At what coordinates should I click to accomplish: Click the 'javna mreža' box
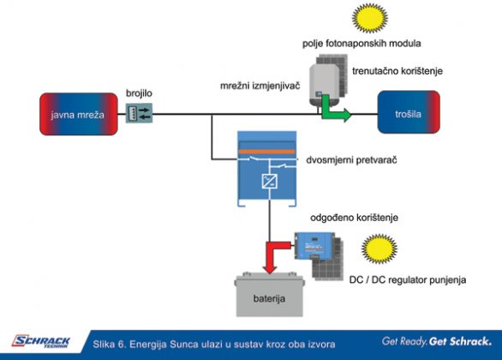click(x=79, y=114)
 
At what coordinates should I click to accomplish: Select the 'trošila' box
click(x=409, y=112)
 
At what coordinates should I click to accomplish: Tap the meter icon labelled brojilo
click(x=139, y=113)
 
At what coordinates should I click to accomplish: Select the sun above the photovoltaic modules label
click(x=370, y=18)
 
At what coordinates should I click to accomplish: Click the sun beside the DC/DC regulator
click(x=379, y=249)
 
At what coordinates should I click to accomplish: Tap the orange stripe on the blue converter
click(x=266, y=152)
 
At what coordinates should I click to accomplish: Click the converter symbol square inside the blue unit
click(x=270, y=181)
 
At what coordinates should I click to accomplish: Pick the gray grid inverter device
click(x=324, y=84)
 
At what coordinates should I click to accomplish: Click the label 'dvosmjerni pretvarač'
click(x=351, y=159)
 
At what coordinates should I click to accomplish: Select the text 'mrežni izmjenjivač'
click(x=260, y=86)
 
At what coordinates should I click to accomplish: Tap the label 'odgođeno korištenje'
click(x=354, y=218)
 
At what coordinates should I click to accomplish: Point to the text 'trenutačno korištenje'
click(x=397, y=71)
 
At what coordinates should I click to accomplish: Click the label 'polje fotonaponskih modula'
click(x=362, y=43)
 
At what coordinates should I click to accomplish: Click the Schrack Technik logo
click(x=41, y=341)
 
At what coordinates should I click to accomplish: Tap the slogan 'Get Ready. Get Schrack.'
click(x=437, y=341)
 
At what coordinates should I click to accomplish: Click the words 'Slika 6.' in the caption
click(x=109, y=345)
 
